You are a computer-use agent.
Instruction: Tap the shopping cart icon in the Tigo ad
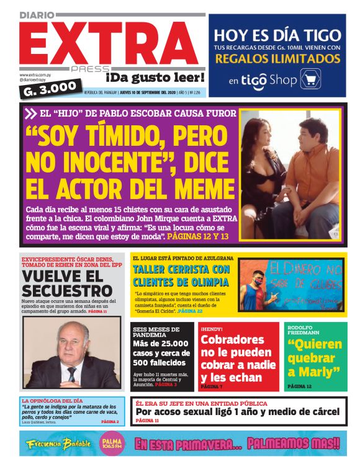tap(310, 79)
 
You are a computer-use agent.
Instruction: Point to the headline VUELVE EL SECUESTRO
tap(66, 284)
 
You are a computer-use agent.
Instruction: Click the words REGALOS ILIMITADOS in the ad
tap(277, 59)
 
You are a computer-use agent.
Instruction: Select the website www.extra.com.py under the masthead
tap(35, 75)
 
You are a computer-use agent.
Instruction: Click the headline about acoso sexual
tap(238, 411)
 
